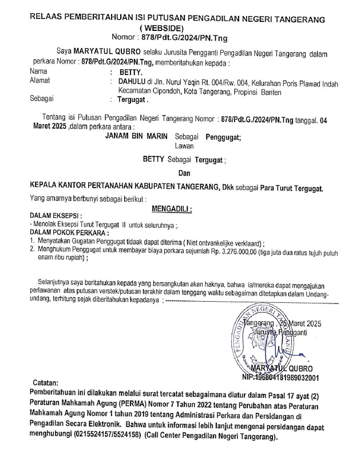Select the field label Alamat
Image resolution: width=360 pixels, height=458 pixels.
pyautogui.click(x=39, y=82)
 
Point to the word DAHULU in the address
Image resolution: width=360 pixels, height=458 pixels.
pyautogui.click(x=131, y=82)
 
